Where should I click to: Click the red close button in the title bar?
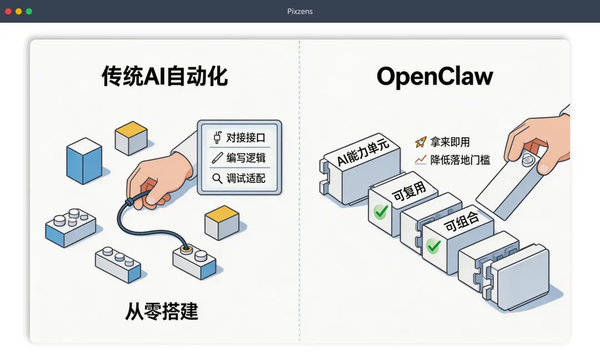click(x=8, y=11)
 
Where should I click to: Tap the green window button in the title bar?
click(x=29, y=11)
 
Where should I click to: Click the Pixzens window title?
click(x=300, y=11)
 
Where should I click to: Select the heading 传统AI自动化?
click(x=164, y=77)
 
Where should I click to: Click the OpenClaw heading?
click(x=434, y=77)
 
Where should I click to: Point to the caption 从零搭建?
click(x=161, y=312)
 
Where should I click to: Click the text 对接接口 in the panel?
click(x=246, y=137)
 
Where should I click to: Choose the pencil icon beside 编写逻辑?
click(x=217, y=158)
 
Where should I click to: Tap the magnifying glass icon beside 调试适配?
click(x=217, y=178)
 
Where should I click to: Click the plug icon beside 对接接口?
click(x=217, y=137)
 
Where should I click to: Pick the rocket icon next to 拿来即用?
click(x=421, y=142)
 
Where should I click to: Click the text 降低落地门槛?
click(x=461, y=160)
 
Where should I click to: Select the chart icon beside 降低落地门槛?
click(x=421, y=160)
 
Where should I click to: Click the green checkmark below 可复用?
click(x=381, y=212)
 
